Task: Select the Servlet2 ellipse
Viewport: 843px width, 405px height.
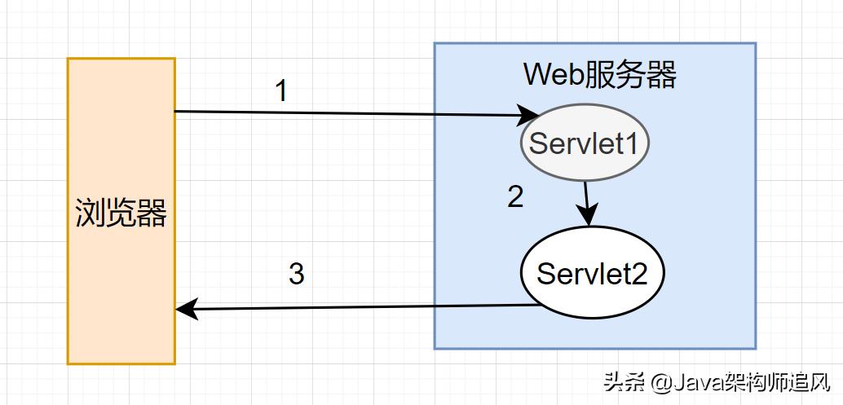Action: click(x=592, y=273)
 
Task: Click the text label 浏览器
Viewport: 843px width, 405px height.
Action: click(x=121, y=214)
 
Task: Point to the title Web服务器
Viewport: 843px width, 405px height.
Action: click(x=599, y=76)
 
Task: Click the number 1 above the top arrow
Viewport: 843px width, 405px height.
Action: click(x=281, y=91)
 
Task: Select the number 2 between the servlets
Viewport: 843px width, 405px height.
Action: click(x=515, y=197)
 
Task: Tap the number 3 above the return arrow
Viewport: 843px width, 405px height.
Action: click(x=296, y=275)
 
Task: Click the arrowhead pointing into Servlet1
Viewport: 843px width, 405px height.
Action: click(x=529, y=115)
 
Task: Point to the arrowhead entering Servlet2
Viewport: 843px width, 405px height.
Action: click(x=588, y=217)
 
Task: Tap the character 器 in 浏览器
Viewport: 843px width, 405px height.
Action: click(x=152, y=214)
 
